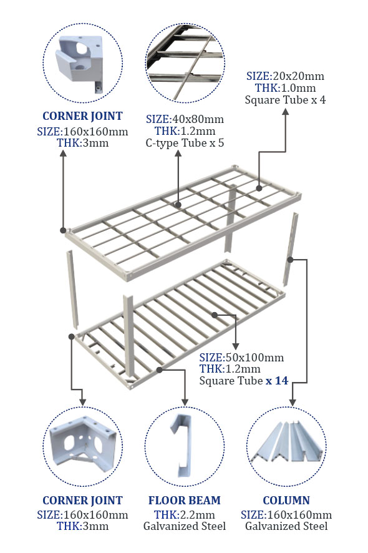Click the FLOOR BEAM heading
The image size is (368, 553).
point(185,500)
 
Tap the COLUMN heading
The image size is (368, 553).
point(286,500)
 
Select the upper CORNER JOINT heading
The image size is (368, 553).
point(82,115)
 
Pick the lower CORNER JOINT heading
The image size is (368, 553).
point(82,500)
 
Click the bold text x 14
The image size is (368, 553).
point(277,381)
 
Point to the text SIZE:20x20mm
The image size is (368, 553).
point(285,76)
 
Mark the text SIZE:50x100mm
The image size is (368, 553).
point(241,357)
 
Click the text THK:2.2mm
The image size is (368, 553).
point(185,514)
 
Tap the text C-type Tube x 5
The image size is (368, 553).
point(185,143)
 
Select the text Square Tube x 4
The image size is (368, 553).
point(285,100)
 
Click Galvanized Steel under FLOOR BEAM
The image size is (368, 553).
point(185,526)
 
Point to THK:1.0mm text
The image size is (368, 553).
point(285,88)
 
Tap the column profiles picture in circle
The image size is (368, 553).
point(286,441)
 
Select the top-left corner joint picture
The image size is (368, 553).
point(80,62)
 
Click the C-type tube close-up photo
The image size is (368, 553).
point(185,64)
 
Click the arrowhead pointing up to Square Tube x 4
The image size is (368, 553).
point(286,112)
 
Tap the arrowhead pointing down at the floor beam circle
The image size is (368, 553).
point(185,402)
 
